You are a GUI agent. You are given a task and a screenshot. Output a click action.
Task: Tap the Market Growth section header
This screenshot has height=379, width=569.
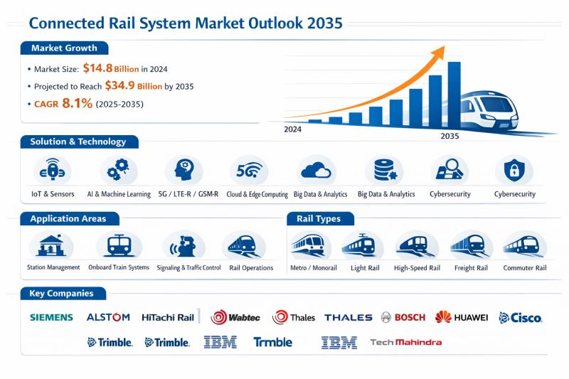(x=64, y=48)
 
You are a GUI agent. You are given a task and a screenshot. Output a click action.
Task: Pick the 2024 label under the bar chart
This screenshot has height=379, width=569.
(x=293, y=130)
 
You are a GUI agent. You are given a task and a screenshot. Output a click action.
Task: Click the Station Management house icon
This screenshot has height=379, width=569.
(x=50, y=246)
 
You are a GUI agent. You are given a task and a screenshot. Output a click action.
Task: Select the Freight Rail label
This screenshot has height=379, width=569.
(x=470, y=268)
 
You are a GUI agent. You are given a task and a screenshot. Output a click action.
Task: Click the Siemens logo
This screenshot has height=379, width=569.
(x=51, y=317)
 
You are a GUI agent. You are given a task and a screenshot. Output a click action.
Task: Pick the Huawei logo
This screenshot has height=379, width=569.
(x=462, y=317)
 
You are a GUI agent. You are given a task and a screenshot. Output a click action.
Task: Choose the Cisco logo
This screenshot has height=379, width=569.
(x=521, y=317)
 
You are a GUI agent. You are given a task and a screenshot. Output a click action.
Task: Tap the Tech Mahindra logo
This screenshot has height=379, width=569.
(x=406, y=342)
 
